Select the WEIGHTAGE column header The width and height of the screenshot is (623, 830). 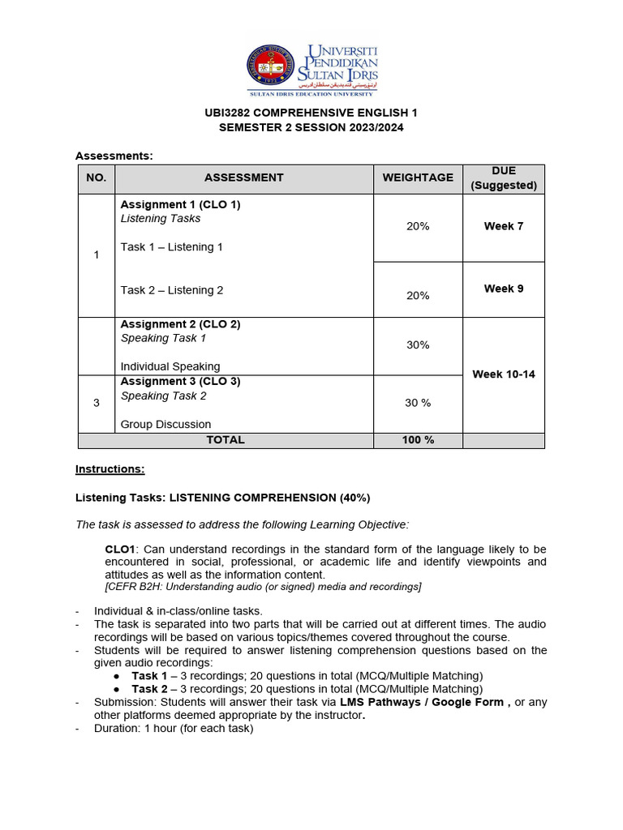(x=418, y=178)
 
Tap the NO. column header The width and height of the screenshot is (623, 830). (x=97, y=178)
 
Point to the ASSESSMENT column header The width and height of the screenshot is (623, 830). (x=243, y=178)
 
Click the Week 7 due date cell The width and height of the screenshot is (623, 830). (x=503, y=226)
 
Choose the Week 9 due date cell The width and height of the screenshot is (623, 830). (x=503, y=289)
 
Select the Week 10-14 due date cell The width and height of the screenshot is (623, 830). (x=503, y=374)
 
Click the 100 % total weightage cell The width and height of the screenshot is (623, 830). (x=418, y=440)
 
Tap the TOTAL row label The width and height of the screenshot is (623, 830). (x=226, y=440)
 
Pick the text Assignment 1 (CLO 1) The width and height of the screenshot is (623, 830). (x=180, y=205)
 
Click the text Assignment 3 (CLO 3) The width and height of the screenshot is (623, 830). (x=180, y=382)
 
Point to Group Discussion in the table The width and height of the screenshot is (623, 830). (x=165, y=424)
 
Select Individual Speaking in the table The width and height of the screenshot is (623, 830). (x=170, y=366)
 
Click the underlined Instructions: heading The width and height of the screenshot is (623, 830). (x=110, y=469)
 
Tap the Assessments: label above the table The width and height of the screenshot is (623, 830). (x=114, y=156)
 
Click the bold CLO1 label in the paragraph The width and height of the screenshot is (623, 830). (x=120, y=549)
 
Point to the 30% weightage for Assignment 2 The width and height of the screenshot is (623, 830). (x=418, y=344)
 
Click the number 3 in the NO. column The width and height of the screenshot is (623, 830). (x=97, y=403)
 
